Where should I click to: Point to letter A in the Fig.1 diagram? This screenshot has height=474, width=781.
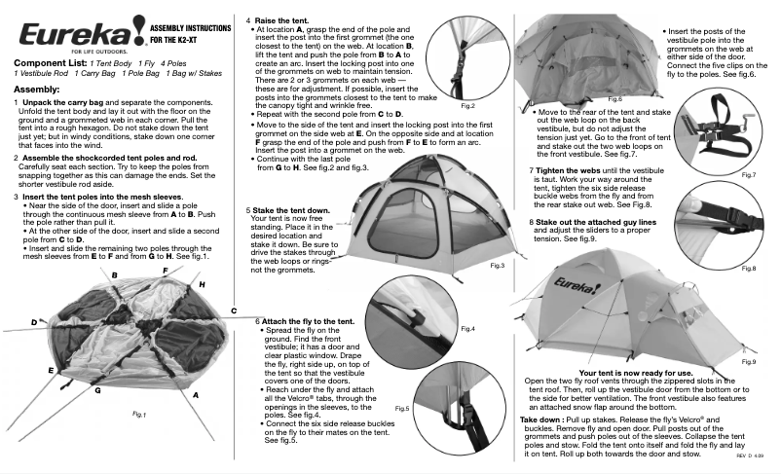click(196, 395)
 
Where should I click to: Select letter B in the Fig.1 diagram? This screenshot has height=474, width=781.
click(115, 276)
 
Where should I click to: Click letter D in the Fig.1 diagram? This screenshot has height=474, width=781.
click(33, 321)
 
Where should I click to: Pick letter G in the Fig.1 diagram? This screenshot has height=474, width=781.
click(97, 389)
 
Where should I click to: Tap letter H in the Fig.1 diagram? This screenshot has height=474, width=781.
click(202, 283)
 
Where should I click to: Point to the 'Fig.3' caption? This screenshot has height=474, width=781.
click(497, 265)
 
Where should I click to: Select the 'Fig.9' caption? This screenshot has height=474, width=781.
click(748, 361)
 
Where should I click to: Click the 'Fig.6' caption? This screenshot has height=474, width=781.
click(614, 99)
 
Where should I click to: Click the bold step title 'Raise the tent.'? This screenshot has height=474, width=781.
click(285, 19)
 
